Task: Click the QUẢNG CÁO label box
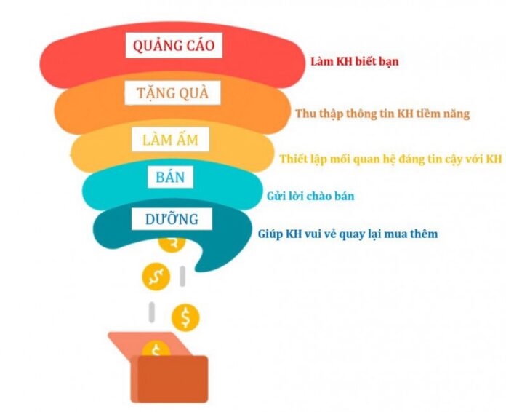point(174,46)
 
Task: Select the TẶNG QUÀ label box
point(172,92)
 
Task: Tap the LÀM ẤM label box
point(170,140)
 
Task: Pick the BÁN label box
point(170,177)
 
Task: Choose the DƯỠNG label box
point(172,219)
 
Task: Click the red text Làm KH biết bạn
point(355,61)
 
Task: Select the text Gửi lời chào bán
point(310,196)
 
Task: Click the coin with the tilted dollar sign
point(156,277)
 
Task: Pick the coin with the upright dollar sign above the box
point(185,317)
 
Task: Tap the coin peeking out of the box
point(157,349)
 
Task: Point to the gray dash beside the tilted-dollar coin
point(182,277)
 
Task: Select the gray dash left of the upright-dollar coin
point(151,312)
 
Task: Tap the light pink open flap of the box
point(142,344)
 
